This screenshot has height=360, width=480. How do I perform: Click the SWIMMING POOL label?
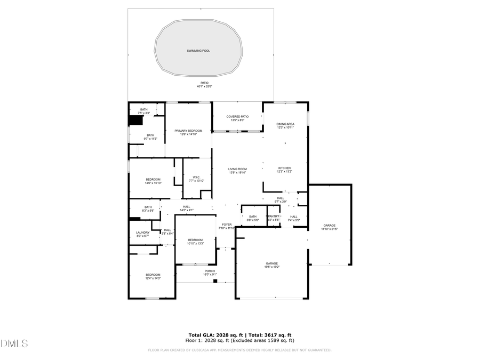click(198, 51)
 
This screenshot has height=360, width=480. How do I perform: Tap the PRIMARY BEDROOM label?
click(188, 131)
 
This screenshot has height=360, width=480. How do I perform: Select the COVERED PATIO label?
click(237, 116)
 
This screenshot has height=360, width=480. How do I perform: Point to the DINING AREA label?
click(285, 124)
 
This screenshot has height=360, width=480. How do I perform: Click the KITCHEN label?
click(284, 168)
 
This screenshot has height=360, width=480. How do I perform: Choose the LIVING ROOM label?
click(237, 169)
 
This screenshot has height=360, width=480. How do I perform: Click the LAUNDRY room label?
click(142, 233)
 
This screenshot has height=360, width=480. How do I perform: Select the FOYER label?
click(227, 225)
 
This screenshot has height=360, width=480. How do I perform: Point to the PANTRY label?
click(274, 216)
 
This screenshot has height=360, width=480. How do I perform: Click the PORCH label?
click(210, 271)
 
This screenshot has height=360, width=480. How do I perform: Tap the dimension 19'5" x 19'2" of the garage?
click(273, 267)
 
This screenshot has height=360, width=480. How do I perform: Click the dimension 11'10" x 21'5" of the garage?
click(329, 229)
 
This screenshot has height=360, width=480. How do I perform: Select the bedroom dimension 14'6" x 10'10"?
click(153, 183)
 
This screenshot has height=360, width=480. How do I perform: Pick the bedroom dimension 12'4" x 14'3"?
click(153, 278)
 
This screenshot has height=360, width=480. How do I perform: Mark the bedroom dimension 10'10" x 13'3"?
click(195, 244)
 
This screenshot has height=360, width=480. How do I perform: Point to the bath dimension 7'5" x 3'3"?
click(143, 113)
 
